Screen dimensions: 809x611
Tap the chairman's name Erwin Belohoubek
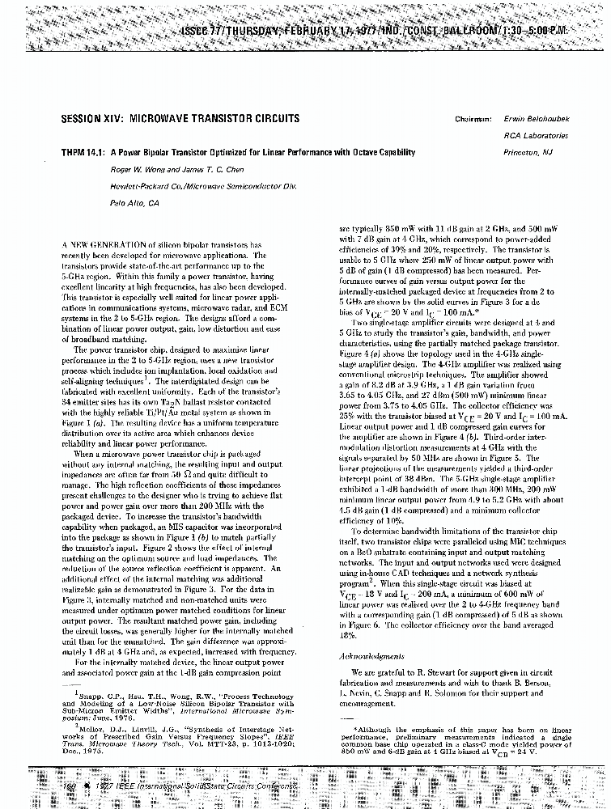tap(537, 118)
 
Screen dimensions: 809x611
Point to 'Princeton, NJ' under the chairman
tap(528, 152)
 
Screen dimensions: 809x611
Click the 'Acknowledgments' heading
tap(371, 656)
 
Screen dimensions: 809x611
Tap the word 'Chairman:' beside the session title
tap(473, 119)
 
